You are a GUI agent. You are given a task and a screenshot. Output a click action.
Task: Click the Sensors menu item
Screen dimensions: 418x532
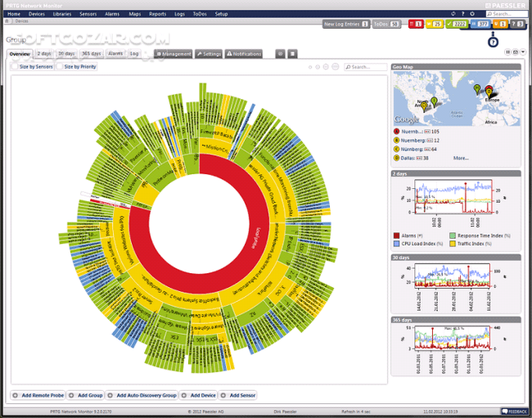(x=88, y=14)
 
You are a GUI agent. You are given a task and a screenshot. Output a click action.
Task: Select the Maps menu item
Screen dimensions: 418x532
(x=134, y=14)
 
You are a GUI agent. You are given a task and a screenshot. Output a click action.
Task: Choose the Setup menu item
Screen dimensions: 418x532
(x=221, y=14)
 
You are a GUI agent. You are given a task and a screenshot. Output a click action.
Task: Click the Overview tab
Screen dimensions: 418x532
(x=20, y=53)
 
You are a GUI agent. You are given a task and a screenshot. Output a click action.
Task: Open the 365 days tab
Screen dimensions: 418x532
(x=91, y=53)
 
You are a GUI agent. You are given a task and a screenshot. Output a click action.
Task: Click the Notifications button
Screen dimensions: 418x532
(x=244, y=53)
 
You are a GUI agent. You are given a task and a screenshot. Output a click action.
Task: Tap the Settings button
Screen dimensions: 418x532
(x=209, y=53)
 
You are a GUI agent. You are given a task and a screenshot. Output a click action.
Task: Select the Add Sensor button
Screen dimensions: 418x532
(x=238, y=395)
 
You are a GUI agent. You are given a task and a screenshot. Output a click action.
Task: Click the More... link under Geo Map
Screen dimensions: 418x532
(x=461, y=158)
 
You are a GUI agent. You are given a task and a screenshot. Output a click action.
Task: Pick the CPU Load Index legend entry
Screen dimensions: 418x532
(x=420, y=243)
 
